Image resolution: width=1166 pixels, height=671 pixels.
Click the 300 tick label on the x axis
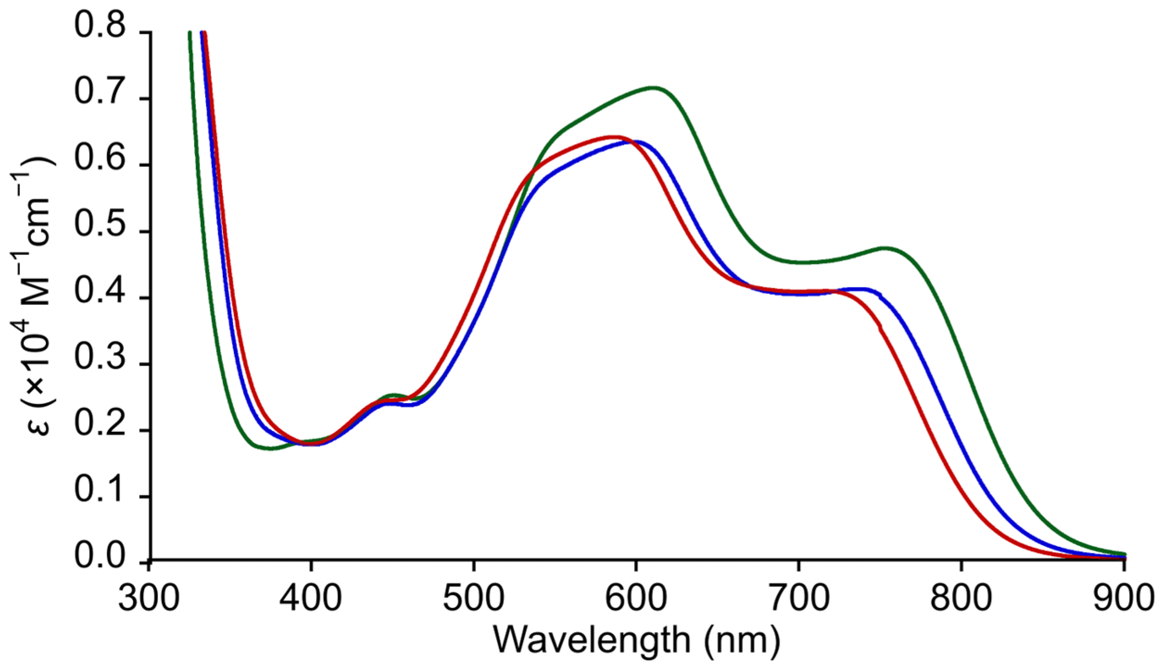tap(148, 598)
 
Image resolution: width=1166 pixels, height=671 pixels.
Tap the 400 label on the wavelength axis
tap(311, 598)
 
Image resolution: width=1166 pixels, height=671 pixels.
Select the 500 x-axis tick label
tap(473, 598)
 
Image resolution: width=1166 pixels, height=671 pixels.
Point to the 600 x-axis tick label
tap(636, 598)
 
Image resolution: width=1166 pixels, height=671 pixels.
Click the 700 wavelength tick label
tap(799, 598)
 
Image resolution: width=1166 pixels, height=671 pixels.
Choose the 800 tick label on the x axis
tap(961, 598)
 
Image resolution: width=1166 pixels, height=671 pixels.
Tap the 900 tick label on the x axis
tap(1123, 598)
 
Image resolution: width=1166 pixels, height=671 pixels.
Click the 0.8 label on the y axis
tap(100, 25)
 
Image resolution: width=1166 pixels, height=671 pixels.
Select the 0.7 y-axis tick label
tap(100, 91)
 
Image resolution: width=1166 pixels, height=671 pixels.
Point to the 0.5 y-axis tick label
tap(100, 224)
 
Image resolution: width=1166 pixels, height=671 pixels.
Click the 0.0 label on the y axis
tap(100, 556)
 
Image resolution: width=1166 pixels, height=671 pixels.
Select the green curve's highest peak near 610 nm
tap(653, 88)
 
